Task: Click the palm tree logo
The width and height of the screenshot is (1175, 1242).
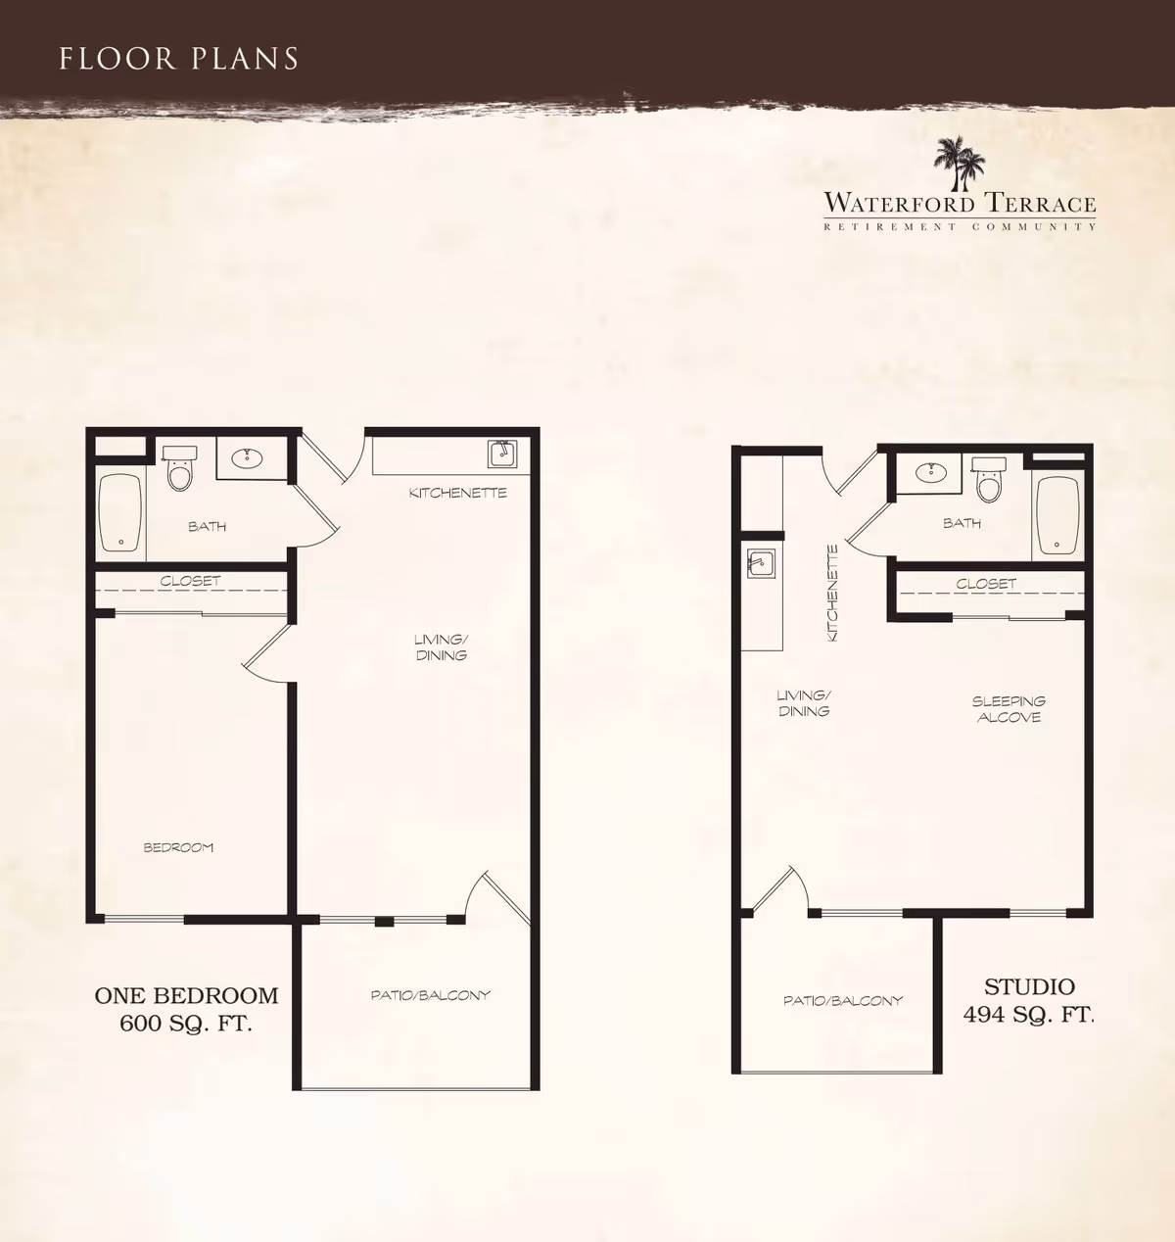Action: pos(959,163)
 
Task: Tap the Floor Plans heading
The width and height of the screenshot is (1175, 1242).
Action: pos(179,58)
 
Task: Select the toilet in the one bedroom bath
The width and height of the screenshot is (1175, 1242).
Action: pos(179,468)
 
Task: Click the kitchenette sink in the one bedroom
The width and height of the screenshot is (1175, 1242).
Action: pos(502,454)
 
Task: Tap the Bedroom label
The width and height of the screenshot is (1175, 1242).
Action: pos(178,847)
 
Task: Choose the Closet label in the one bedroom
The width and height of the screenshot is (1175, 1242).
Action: pos(190,581)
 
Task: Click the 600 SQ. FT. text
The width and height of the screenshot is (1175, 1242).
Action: pos(186,1023)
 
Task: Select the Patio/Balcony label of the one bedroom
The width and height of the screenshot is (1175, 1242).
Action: pos(430,995)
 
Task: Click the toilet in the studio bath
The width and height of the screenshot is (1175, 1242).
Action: pos(989,480)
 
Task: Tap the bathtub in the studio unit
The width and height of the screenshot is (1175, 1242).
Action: pos(1057,515)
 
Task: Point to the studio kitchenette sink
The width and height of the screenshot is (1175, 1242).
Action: pos(761,563)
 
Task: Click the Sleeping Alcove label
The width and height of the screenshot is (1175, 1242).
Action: pos(1009,709)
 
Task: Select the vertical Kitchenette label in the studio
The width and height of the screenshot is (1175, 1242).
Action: pos(832,594)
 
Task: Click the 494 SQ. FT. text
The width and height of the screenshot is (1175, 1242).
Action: pos(1028,1014)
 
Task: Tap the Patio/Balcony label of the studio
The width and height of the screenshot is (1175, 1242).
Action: pos(843,1001)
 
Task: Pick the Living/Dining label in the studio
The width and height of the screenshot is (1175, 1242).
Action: pos(804,703)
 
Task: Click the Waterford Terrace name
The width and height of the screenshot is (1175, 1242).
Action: pos(960,204)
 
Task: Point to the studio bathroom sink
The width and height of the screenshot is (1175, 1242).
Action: pos(930,470)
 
